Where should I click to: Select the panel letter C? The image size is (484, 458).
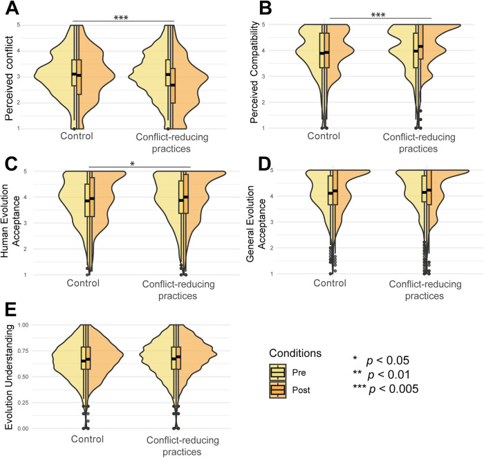click(10, 165)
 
